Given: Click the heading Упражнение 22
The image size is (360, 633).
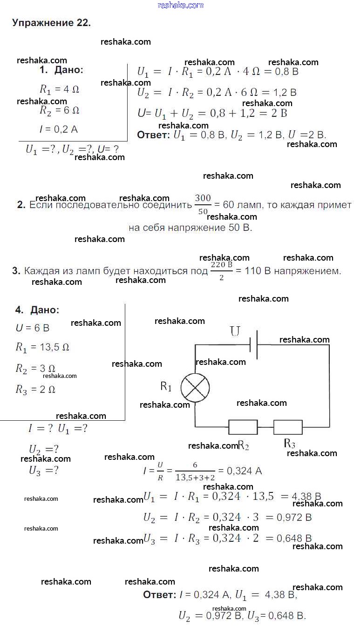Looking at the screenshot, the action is (51, 23).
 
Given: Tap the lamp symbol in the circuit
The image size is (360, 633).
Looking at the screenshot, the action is (195, 387).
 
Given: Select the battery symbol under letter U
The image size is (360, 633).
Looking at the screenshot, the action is (254, 345).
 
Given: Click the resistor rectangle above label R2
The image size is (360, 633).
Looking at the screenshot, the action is (243, 427).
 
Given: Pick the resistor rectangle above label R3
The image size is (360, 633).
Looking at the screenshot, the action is (288, 427).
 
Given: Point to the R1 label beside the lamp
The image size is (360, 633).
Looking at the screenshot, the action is (166, 386).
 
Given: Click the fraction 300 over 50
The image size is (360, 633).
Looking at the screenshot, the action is (203, 204).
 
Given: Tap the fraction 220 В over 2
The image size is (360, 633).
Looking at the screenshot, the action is (222, 271).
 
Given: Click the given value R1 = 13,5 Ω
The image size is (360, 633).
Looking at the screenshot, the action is (42, 347).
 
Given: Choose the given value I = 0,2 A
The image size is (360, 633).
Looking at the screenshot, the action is (59, 129).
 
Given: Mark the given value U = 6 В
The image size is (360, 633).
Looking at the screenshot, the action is (33, 328).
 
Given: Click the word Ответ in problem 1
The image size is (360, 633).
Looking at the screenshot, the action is (153, 135).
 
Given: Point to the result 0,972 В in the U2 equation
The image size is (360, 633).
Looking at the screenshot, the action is (294, 518).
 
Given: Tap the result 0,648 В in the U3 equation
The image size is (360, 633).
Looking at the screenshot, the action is (294, 539).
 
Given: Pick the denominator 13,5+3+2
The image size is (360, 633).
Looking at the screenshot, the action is (195, 478).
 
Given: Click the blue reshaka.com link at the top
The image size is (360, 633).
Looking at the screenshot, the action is (181, 5).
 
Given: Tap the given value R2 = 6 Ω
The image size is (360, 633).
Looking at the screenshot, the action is (60, 110).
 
